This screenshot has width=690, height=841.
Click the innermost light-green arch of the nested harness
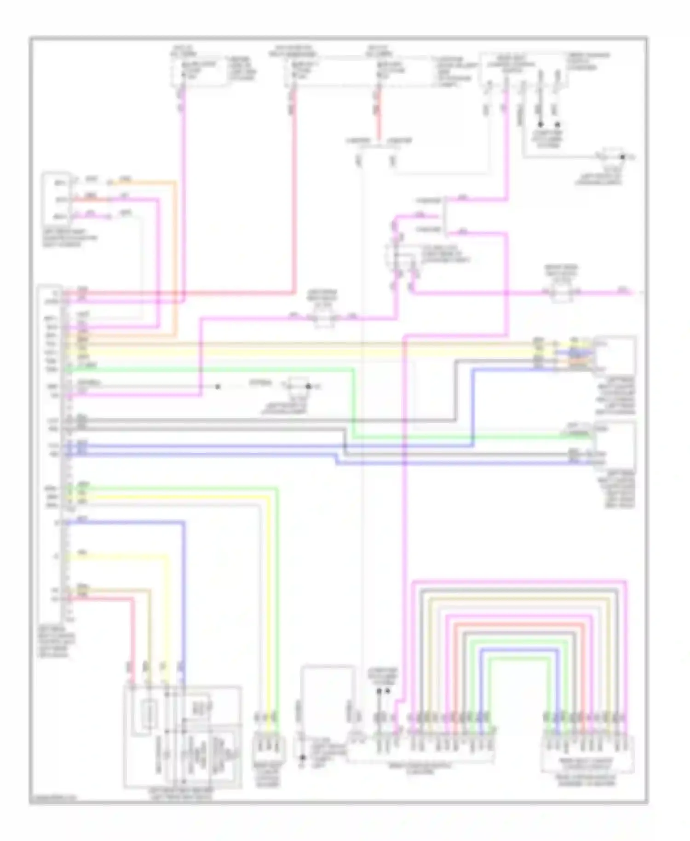[x=519, y=659]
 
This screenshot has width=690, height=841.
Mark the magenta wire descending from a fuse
[x=184, y=193]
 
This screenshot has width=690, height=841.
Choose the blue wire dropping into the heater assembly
[x=184, y=598]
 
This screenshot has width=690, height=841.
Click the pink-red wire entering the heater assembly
[x=133, y=644]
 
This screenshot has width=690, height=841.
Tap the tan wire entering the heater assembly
[x=149, y=644]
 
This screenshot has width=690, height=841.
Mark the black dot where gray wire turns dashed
[x=218, y=386]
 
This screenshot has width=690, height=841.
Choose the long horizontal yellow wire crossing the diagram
[x=299, y=353]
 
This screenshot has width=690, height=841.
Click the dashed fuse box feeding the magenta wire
[x=199, y=71]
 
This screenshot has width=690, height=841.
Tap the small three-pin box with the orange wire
[x=57, y=198]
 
